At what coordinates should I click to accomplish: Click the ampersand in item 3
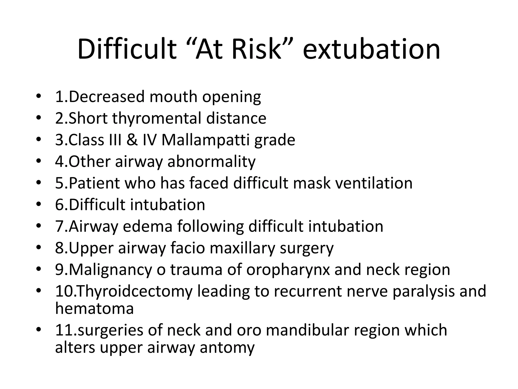coord(132,140)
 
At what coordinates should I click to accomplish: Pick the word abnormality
coord(211,162)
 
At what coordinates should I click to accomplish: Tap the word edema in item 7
coord(147,226)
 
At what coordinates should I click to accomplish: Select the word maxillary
coord(242,248)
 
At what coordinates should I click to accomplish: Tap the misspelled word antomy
coord(227,347)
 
